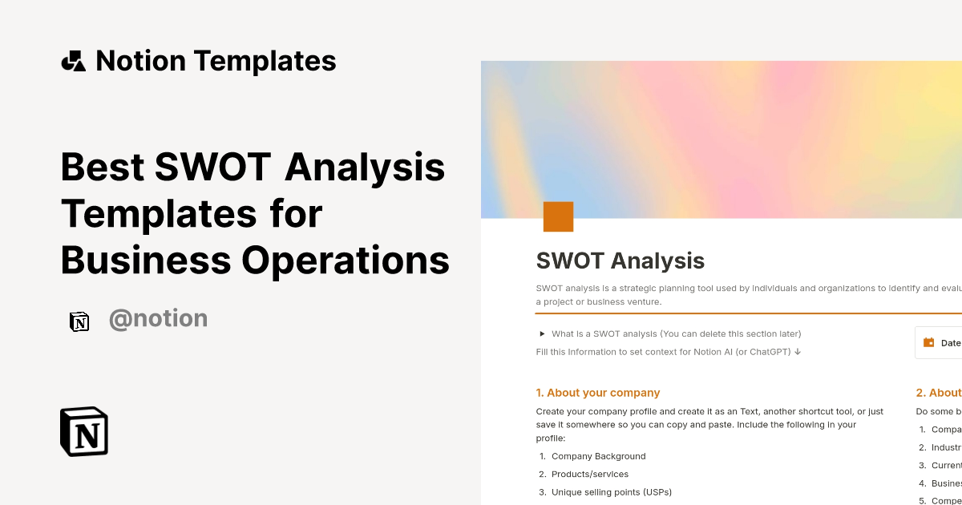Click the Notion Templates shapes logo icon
coord(74,61)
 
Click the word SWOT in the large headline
coord(214,168)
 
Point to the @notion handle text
coord(158,319)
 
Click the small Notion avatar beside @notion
coord(79,321)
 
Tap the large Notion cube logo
coord(84,431)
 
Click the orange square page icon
coord(558,217)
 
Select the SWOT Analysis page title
coord(620,261)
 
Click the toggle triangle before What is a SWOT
coord(542,333)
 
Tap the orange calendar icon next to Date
coord(929,342)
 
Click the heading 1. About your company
coord(597,393)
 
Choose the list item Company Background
coord(598,456)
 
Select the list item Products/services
coord(590,475)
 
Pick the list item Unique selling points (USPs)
coord(611,492)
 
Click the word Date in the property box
coord(951,343)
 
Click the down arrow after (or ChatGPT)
coord(798,352)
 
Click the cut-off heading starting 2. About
coord(939,393)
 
